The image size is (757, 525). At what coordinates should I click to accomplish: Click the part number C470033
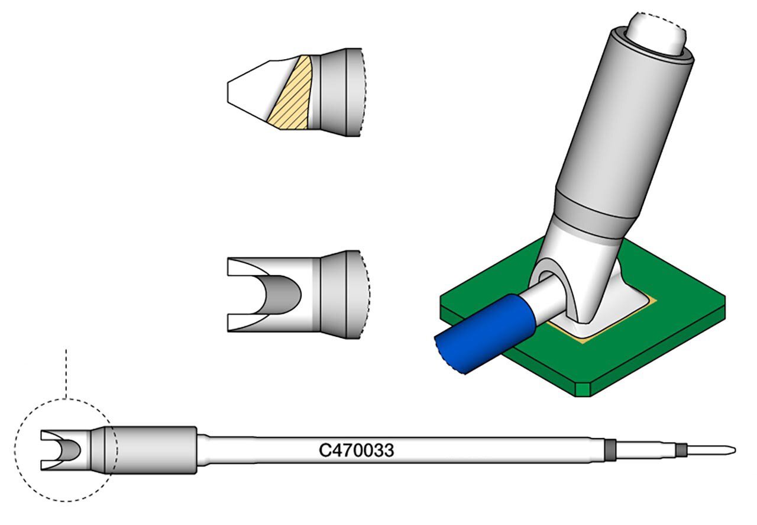pyautogui.click(x=357, y=450)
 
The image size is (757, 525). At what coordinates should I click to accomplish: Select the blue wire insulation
pyautogui.click(x=485, y=333)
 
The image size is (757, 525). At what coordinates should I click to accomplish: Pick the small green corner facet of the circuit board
pyautogui.click(x=584, y=389)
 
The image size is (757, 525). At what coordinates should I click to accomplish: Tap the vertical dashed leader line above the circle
pyautogui.click(x=66, y=373)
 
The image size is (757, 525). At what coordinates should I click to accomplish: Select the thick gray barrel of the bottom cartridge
pyautogui.click(x=150, y=450)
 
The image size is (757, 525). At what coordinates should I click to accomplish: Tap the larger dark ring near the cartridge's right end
pyautogui.click(x=610, y=450)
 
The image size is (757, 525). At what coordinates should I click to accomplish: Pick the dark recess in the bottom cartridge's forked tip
pyautogui.click(x=72, y=450)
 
